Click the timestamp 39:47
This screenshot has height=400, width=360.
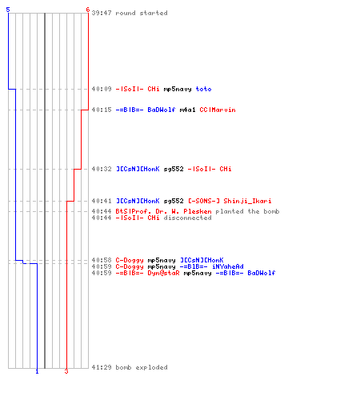click(102, 13)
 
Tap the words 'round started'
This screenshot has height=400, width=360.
click(142, 13)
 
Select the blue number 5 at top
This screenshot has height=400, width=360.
click(8, 10)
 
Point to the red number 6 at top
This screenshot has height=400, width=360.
click(88, 10)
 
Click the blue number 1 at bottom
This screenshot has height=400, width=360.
click(37, 371)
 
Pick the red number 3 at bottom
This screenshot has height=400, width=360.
click(66, 371)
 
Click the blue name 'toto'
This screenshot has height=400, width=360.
click(203, 89)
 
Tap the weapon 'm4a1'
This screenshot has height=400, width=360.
click(187, 110)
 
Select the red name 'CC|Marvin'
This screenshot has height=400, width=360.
click(218, 110)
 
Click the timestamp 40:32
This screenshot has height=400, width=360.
click(102, 169)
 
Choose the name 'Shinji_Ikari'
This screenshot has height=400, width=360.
click(247, 201)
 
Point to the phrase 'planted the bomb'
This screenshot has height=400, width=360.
click(247, 211)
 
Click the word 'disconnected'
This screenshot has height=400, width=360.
click(187, 218)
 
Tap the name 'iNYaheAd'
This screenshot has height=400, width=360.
click(228, 266)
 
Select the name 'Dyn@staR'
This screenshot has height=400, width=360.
click(163, 273)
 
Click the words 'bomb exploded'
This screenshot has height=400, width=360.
click(142, 367)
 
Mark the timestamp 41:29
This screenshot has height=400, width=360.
click(102, 367)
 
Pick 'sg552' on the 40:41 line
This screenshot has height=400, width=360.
click(174, 201)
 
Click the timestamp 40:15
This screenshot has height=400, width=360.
click(102, 110)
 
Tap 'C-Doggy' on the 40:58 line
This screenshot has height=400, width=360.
click(130, 260)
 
